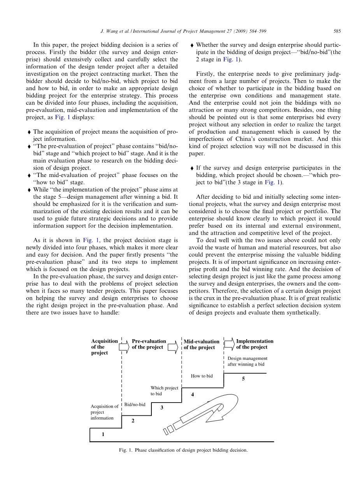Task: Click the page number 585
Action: [x=337, y=31]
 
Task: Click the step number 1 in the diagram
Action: [x=103, y=434]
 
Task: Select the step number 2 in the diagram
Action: [x=133, y=421]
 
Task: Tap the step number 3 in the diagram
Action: [x=162, y=407]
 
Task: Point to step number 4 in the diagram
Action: [x=192, y=394]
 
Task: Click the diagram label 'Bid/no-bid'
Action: [x=135, y=405]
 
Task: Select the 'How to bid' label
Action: [x=202, y=376]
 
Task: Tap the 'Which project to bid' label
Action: [x=164, y=391]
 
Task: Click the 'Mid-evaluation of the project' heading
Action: [x=201, y=344]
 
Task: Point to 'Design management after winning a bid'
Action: [x=247, y=361]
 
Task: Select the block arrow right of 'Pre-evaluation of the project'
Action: [x=172, y=345]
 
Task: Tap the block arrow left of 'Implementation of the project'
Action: [x=229, y=344]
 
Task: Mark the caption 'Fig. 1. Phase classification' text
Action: [x=183, y=450]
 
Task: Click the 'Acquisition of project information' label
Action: [x=104, y=412]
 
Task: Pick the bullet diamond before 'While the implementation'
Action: [x=29, y=190]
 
